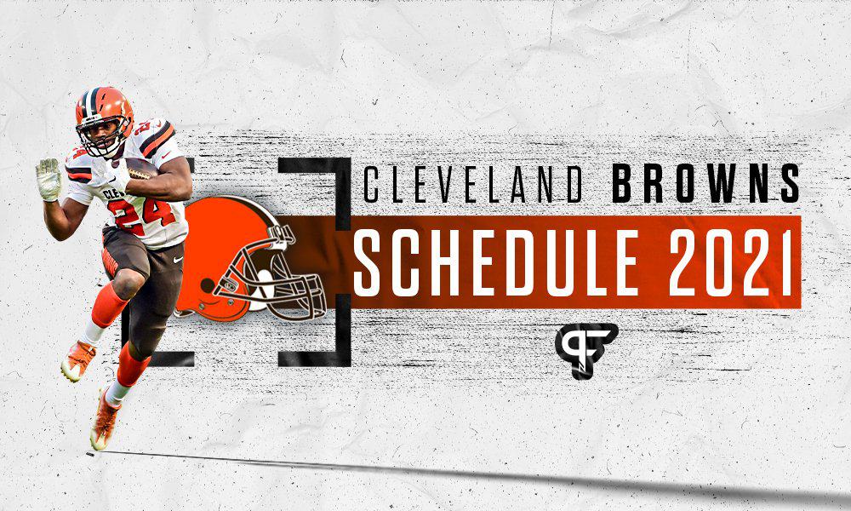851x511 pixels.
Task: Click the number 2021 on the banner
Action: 724,259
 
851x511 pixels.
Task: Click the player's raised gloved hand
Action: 49,178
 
